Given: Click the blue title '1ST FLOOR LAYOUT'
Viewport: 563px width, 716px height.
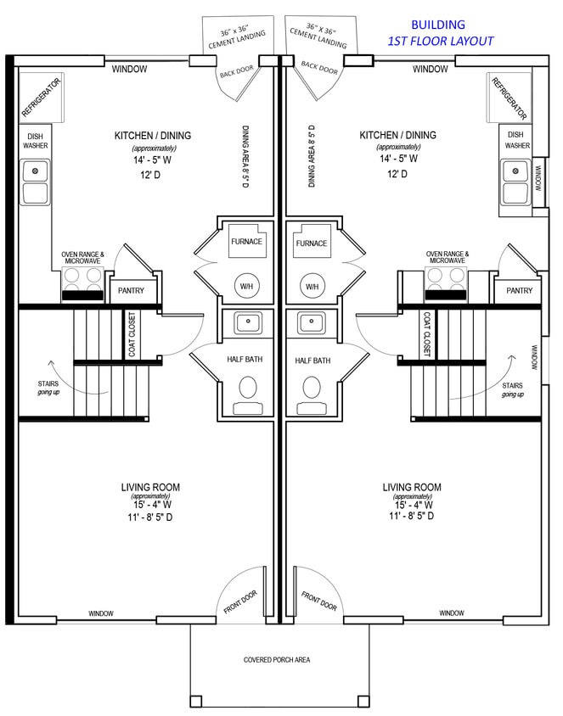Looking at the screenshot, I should pos(440,41).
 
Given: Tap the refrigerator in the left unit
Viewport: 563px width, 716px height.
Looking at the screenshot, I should pos(40,98).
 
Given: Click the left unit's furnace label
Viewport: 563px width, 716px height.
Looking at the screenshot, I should pos(246,242).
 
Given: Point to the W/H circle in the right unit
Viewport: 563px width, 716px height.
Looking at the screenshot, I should pos(312,287).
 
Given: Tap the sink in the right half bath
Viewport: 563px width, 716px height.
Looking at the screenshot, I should pos(312,322).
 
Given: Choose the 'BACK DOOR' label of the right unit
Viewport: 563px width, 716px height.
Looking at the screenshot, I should pos(319,69).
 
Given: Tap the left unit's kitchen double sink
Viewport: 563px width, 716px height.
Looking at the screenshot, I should pos(36,183).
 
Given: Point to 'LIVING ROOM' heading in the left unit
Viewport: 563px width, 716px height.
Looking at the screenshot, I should pos(150,487).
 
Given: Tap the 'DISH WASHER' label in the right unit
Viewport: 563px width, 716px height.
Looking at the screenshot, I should pos(517,140).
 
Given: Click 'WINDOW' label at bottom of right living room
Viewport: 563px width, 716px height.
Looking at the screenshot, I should pos(452,613).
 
